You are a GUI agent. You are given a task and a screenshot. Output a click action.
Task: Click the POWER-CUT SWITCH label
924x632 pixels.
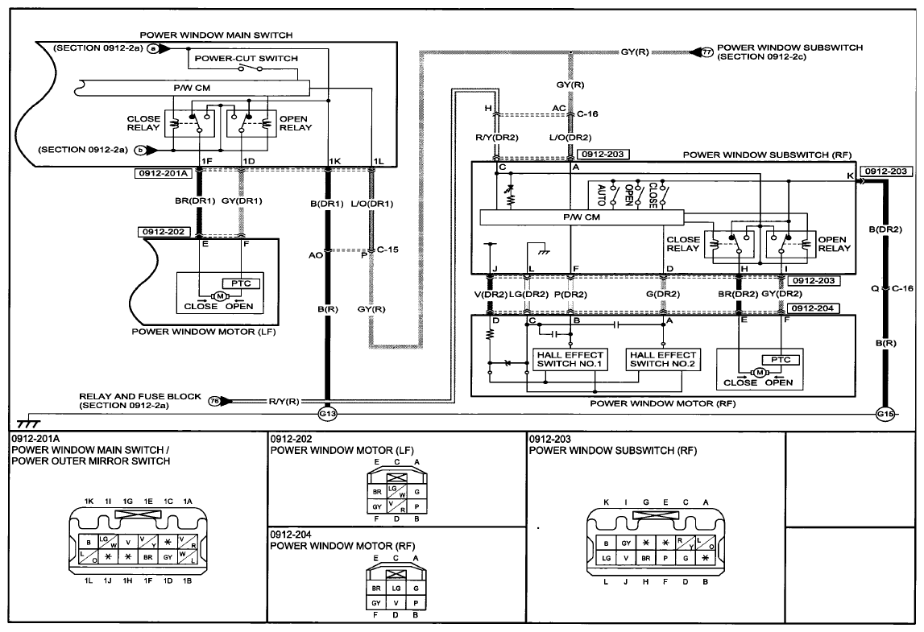click(x=247, y=58)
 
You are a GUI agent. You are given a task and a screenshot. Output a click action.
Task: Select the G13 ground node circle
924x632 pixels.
click(x=327, y=414)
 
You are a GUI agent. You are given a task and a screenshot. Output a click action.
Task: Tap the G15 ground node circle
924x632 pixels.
click(x=885, y=414)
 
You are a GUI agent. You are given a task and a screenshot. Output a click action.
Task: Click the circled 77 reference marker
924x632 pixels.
click(x=707, y=52)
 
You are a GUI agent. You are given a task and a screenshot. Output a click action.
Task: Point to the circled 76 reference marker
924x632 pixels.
click(x=214, y=401)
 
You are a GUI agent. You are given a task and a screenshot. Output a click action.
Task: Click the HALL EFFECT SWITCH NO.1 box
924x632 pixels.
click(x=570, y=359)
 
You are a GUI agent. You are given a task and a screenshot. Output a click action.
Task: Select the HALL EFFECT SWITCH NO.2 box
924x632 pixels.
click(x=663, y=359)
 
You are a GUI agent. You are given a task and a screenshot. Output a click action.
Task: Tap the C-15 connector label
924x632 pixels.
click(x=387, y=250)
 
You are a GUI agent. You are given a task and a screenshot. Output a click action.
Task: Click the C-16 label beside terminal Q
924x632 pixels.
click(x=902, y=288)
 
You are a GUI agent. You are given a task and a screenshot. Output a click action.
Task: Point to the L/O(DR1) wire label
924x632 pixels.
click(x=372, y=204)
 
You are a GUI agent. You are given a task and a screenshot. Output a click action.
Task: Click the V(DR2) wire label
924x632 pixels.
click(x=491, y=294)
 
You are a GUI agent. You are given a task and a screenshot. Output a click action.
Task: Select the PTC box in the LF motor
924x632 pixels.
click(x=241, y=283)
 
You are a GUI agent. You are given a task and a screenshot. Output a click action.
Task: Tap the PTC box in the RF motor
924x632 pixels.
click(x=781, y=359)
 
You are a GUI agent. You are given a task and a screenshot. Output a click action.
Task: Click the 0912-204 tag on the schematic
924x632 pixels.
click(x=813, y=308)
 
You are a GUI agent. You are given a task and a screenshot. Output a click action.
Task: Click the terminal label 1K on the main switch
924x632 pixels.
click(x=334, y=161)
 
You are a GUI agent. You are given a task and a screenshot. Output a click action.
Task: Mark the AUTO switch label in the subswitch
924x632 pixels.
click(x=601, y=196)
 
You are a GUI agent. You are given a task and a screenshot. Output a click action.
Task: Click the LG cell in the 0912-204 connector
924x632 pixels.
click(x=396, y=588)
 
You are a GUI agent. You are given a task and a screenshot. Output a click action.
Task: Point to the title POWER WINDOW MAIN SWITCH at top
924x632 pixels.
click(x=216, y=35)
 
